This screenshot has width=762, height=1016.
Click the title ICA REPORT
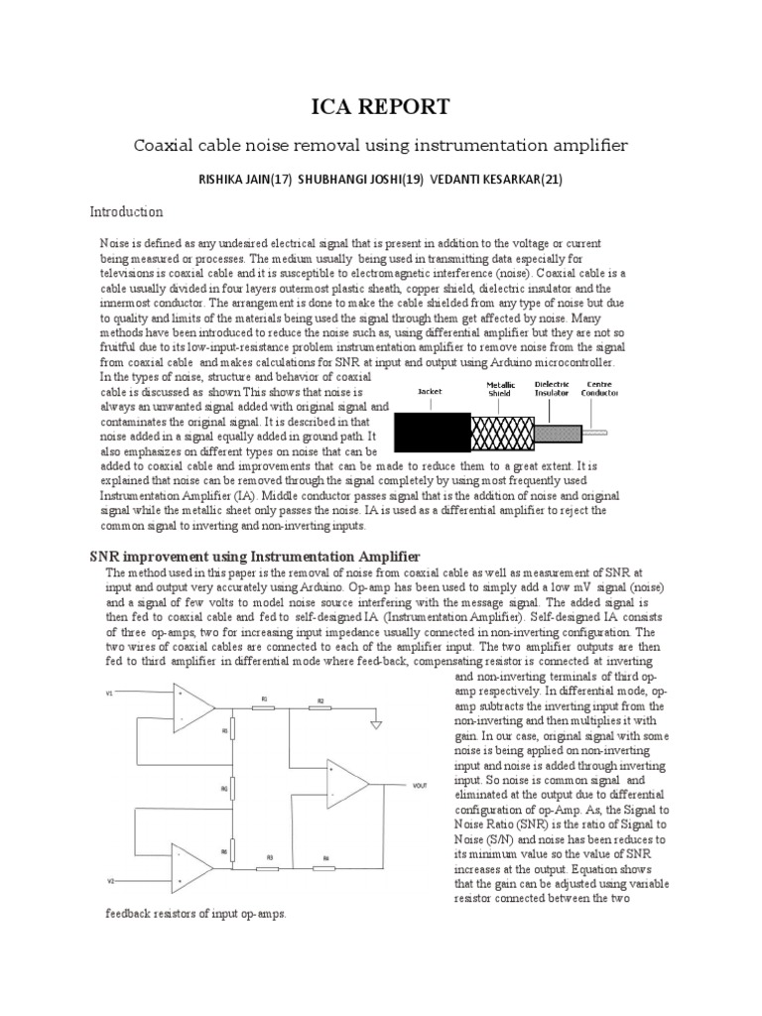click(x=381, y=106)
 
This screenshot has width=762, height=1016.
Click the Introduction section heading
click(x=126, y=212)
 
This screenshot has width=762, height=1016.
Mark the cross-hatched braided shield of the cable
click(x=502, y=430)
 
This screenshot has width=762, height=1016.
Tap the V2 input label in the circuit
click(x=110, y=881)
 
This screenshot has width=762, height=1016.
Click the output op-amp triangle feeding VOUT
click(x=346, y=784)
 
